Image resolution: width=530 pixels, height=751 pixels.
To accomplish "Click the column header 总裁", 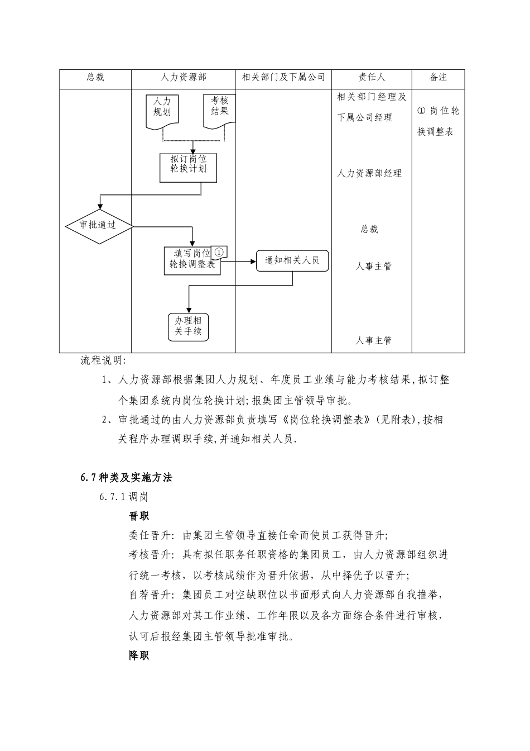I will coord(95,78).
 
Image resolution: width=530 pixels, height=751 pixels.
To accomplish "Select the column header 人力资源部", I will coord(183,78).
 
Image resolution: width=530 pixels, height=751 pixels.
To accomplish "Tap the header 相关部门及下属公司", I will coord(283,78).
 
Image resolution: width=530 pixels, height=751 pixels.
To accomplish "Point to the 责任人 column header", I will coord(372,78).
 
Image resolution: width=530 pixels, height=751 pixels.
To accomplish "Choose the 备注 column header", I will coord(438,78).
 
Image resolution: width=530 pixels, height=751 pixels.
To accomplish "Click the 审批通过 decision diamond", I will coord(99,225).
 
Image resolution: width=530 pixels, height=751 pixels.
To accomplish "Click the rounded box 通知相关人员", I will coord(292,260).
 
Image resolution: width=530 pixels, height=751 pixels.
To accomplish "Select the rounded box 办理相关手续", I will coord(188,326).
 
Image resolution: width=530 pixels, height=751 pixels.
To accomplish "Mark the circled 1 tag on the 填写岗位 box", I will coord(219,252).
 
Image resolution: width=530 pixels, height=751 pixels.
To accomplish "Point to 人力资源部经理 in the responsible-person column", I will coord(369,174).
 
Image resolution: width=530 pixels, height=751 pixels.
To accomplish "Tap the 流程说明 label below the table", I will coord(103,360).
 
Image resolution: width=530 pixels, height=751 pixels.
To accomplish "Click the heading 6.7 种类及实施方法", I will coord(126,477).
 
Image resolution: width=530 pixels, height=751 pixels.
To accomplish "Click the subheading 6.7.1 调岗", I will coord(123,496).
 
